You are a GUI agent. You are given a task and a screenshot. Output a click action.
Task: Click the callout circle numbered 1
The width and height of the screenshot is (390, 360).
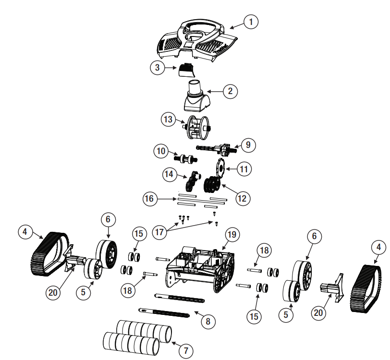pos(250,22)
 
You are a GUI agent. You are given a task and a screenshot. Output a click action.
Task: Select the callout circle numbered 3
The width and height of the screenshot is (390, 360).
pos(157,68)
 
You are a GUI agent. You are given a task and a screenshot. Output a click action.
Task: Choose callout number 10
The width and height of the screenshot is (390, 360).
pos(161,151)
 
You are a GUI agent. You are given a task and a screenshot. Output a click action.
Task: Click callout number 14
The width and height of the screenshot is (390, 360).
pos(170,175)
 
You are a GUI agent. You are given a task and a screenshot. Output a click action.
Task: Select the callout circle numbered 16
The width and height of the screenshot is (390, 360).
pos(150,198)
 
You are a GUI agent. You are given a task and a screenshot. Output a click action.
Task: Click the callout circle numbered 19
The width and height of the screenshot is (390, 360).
pos(232,235)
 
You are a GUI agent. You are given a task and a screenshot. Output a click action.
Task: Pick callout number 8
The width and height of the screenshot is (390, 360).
pos(207,321)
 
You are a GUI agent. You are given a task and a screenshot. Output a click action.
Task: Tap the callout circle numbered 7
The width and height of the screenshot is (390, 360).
pos(185,351)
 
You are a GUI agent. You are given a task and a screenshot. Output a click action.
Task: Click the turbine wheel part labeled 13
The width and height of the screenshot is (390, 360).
pos(197,127)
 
